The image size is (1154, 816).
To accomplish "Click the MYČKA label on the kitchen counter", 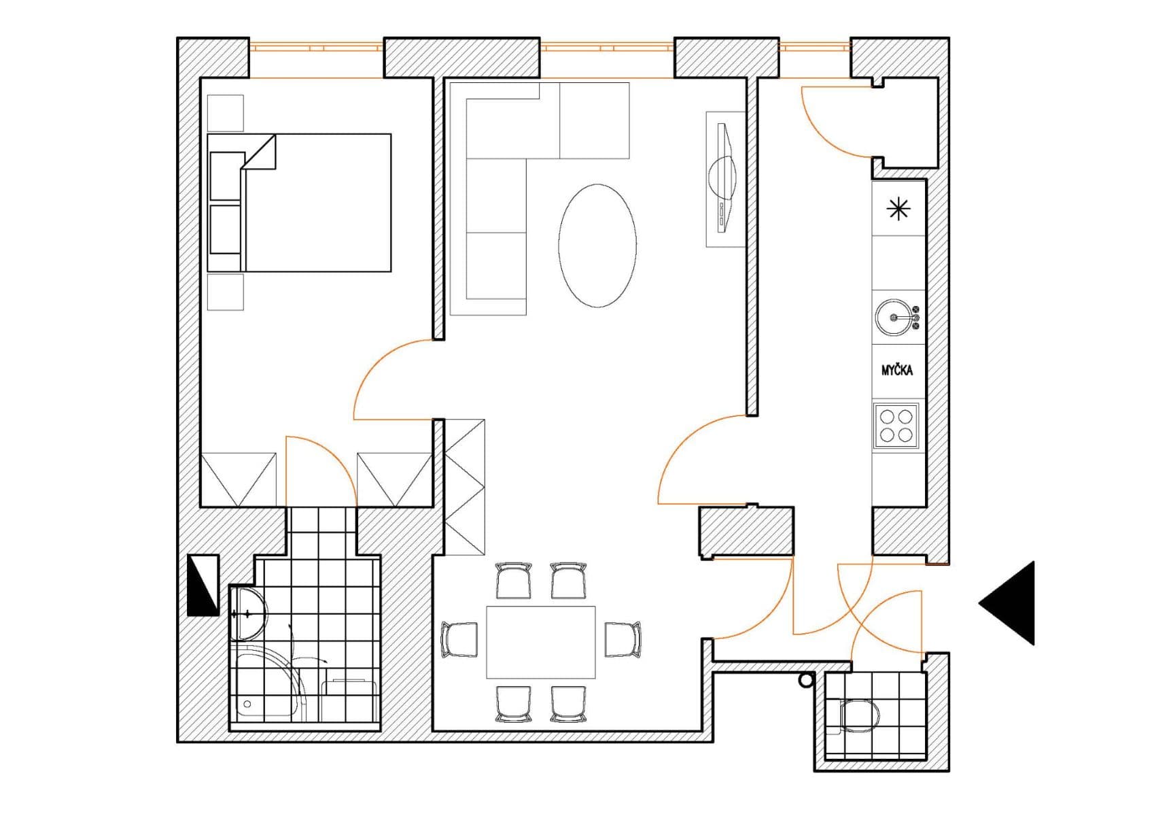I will pyautogui.click(x=897, y=371).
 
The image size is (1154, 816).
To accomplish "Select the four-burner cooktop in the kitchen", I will pyautogui.click(x=896, y=425).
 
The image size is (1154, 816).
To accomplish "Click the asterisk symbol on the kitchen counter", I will pyautogui.click(x=898, y=209).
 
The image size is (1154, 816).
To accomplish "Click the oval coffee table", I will pyautogui.click(x=597, y=245).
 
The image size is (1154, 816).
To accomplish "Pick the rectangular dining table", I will pyautogui.click(x=541, y=643).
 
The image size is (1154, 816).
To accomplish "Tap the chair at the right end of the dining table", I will pyautogui.click(x=623, y=640).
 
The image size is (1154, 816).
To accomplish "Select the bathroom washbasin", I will pyautogui.click(x=247, y=615).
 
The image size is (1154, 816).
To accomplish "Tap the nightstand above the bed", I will pyautogui.click(x=225, y=113).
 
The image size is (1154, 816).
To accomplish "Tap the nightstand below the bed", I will pyautogui.click(x=225, y=292).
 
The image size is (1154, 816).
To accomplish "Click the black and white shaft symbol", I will pyautogui.click(x=203, y=585).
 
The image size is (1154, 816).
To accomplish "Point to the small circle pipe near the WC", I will pyautogui.click(x=806, y=679).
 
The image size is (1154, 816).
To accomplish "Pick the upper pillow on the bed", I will pyautogui.click(x=226, y=176).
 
